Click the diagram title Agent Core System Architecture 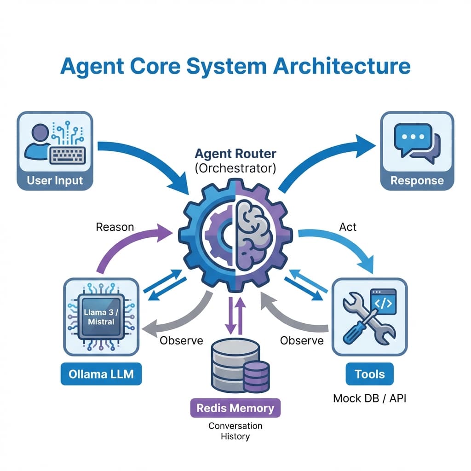[x=235, y=66]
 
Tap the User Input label [x=55, y=180]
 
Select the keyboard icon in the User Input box [x=68, y=156]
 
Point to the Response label [x=417, y=180]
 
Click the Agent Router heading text [x=235, y=153]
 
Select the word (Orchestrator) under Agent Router [x=235, y=168]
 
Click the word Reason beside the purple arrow [x=115, y=227]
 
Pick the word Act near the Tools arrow [x=348, y=227]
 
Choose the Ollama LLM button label [x=101, y=374]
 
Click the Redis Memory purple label [x=235, y=408]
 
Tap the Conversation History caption [x=235, y=431]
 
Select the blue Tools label [x=369, y=373]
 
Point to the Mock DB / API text [x=369, y=398]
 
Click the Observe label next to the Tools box [x=302, y=341]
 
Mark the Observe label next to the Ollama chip [x=181, y=341]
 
